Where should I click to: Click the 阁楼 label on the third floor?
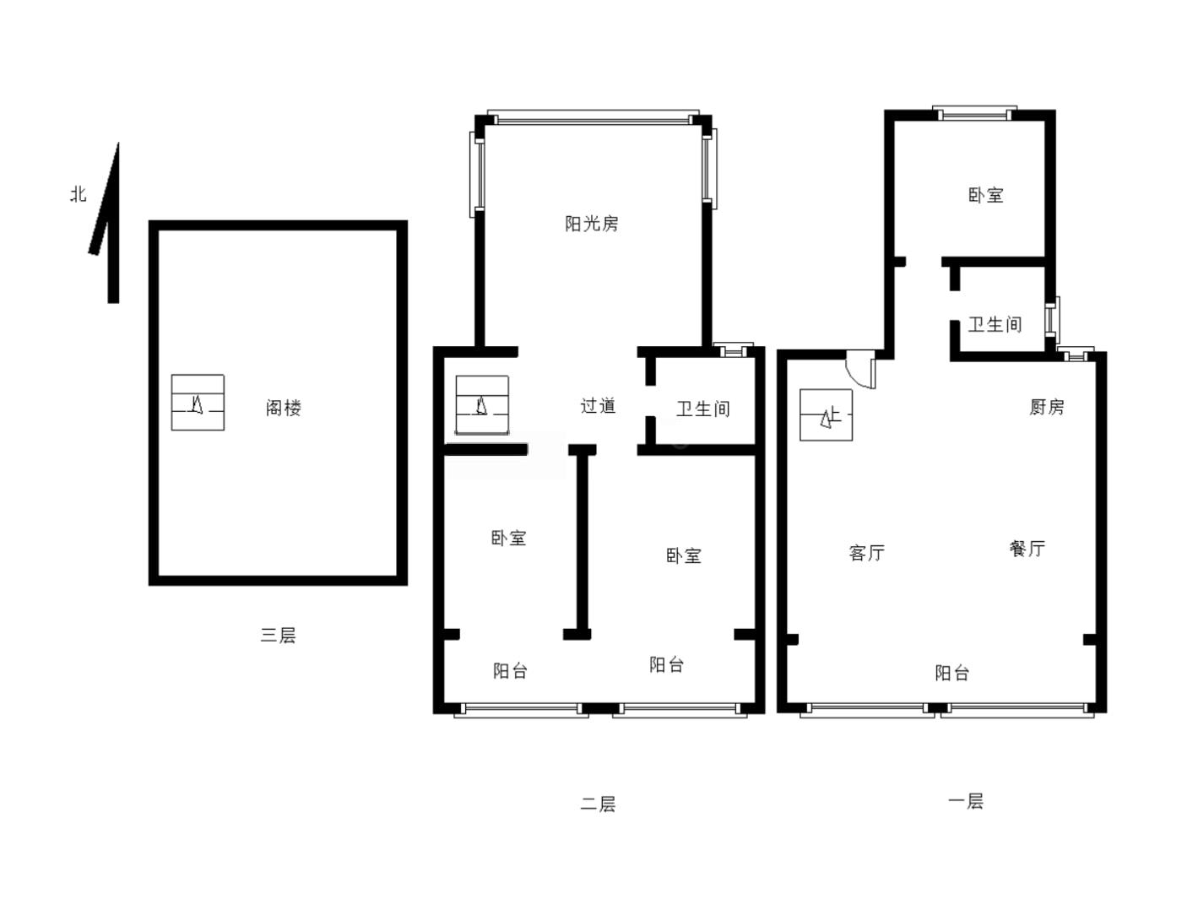coord(284,408)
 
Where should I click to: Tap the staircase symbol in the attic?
coord(198,402)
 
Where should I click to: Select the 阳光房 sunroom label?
coord(592,224)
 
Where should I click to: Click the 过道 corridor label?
coord(599,406)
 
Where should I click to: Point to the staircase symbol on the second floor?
coord(482,405)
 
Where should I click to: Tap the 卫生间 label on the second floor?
coord(703,409)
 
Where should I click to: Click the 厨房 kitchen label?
coord(1047,407)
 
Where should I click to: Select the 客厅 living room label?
coord(867,553)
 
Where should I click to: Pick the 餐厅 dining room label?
coord(1027,548)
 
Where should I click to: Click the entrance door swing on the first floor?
coord(861,370)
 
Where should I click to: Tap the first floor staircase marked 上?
coord(826,414)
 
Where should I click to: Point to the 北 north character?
coord(79,193)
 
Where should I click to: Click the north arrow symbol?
coord(107,223)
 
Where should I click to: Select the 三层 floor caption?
coord(279,635)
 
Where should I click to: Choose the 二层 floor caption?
coord(598,804)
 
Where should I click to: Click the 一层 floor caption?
coord(966,801)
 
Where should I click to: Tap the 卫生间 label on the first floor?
coord(995,325)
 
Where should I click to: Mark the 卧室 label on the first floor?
coord(986,195)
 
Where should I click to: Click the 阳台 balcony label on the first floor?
coord(952,673)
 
